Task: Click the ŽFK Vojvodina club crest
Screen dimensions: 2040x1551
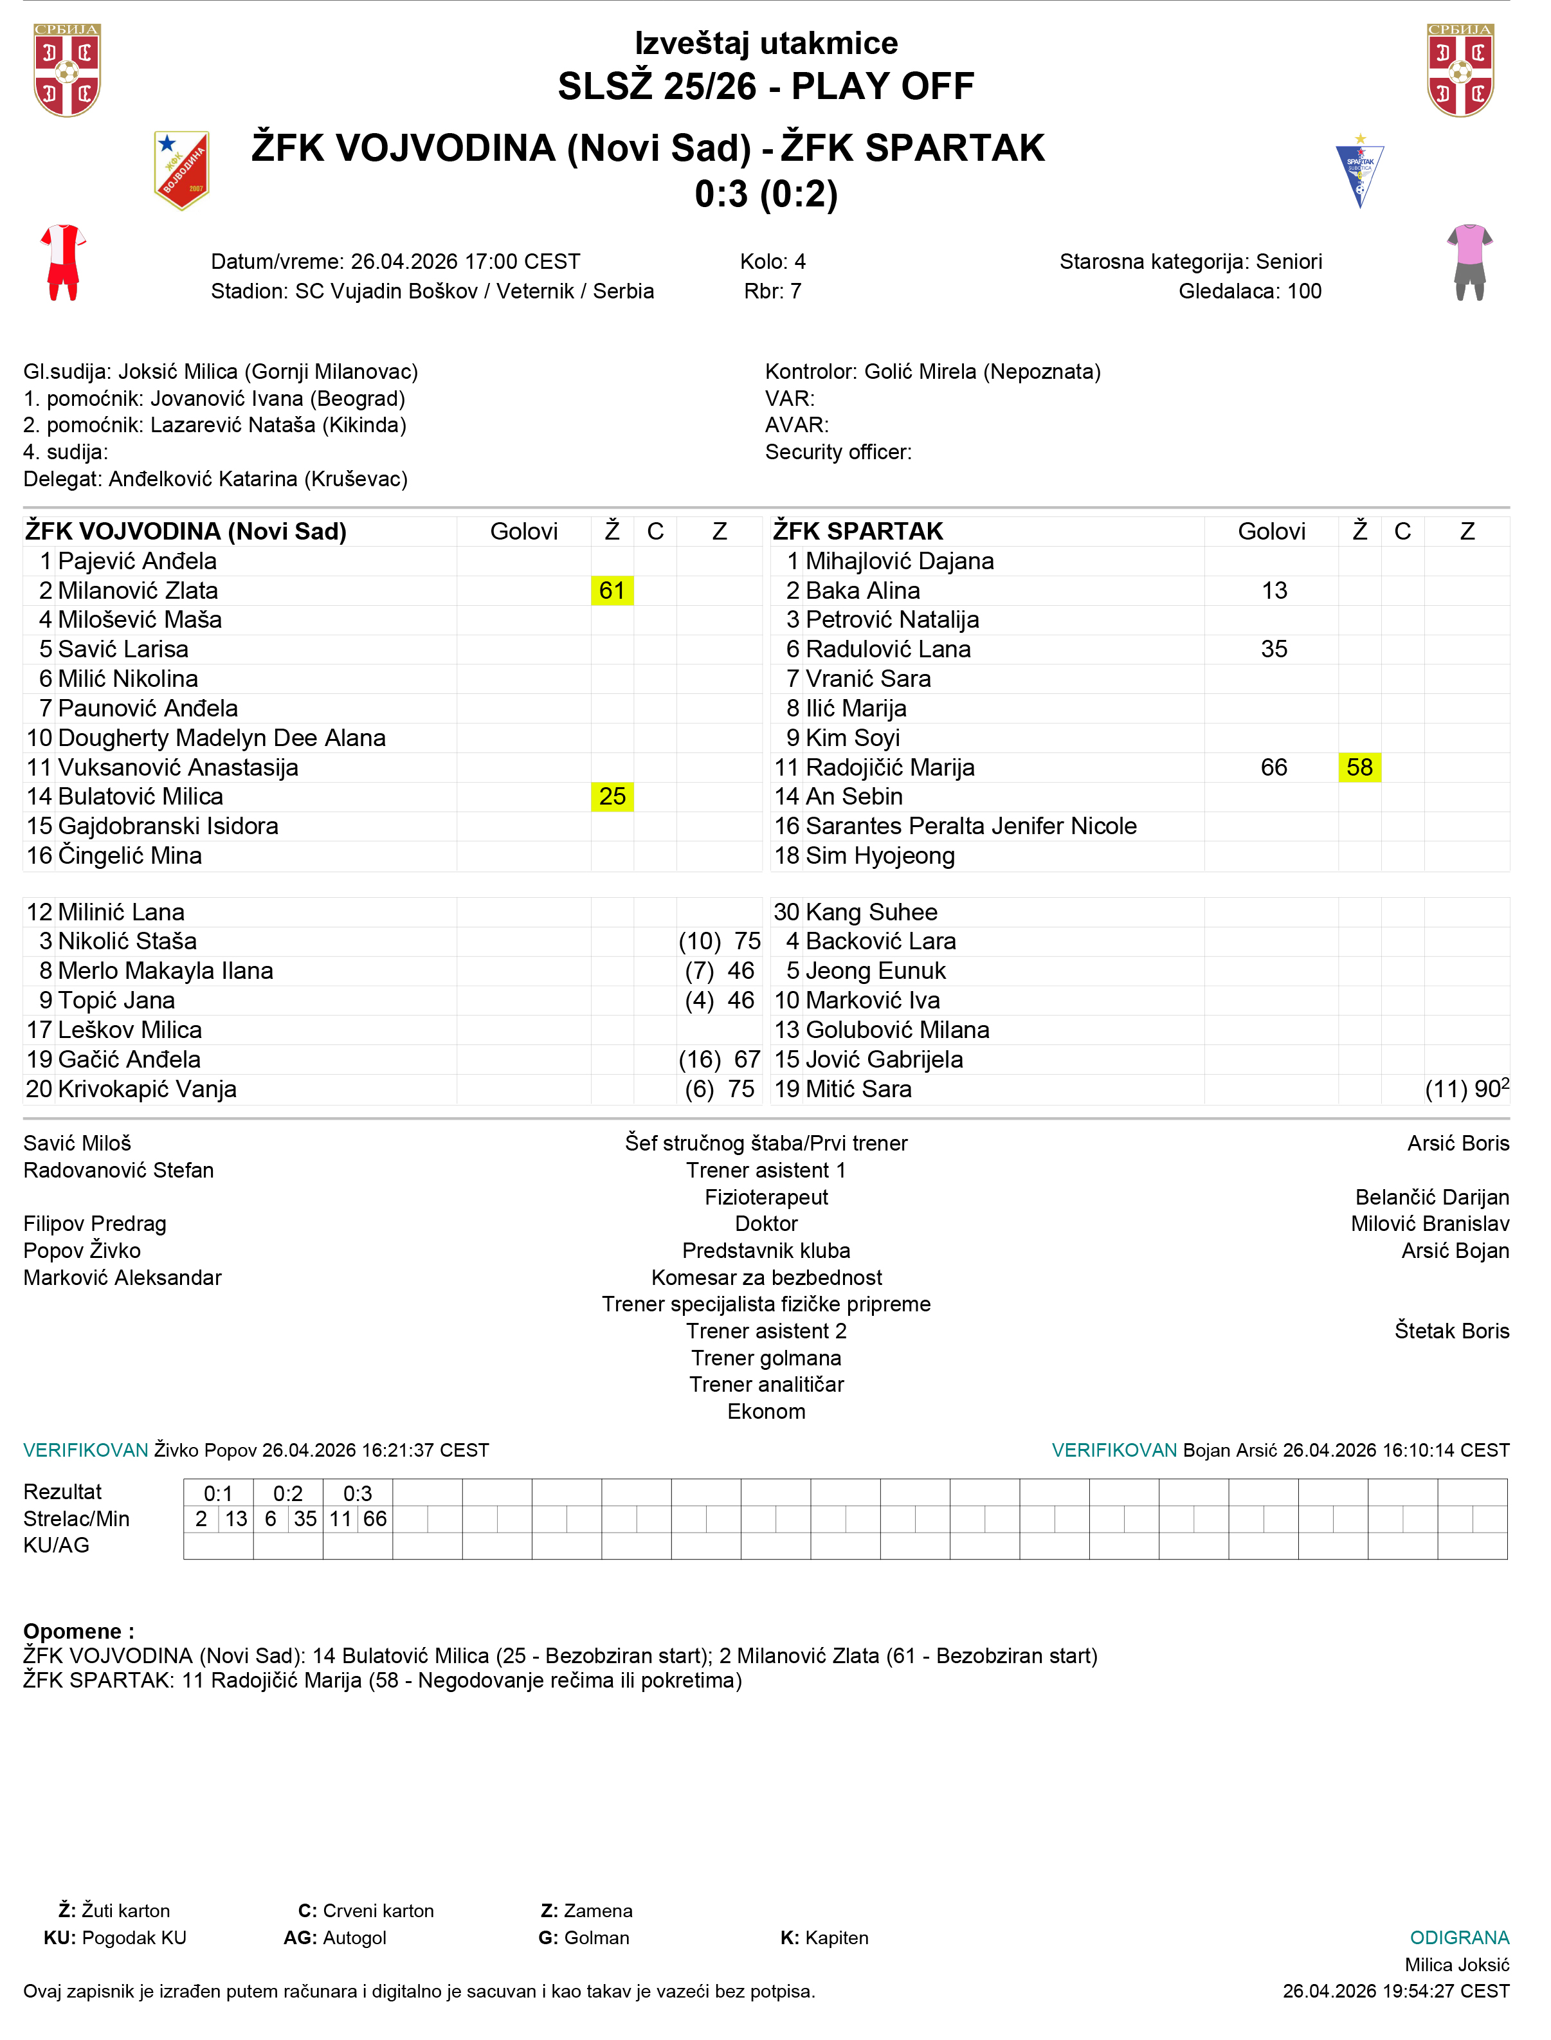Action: [x=182, y=171]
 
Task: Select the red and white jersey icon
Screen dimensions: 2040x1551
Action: [x=63, y=262]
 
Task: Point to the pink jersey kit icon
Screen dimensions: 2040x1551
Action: [x=1470, y=262]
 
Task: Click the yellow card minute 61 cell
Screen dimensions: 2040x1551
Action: [x=612, y=591]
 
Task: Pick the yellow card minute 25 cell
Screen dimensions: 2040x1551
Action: [x=612, y=797]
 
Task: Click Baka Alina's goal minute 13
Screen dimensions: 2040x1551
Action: [x=1274, y=591]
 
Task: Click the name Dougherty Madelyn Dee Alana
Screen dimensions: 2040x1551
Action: [x=222, y=738]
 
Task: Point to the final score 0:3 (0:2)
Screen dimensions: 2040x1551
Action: [x=766, y=194]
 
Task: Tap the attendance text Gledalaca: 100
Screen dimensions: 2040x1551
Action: [x=1250, y=291]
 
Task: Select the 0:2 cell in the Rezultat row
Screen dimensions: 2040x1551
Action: [x=288, y=1493]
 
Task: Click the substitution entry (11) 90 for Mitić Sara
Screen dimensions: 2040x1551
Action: [x=1466, y=1089]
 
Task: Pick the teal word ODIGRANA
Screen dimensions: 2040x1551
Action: [x=1458, y=1938]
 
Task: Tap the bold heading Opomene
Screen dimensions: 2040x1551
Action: [x=78, y=1631]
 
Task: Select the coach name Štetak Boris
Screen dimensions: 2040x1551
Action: [x=1451, y=1331]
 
